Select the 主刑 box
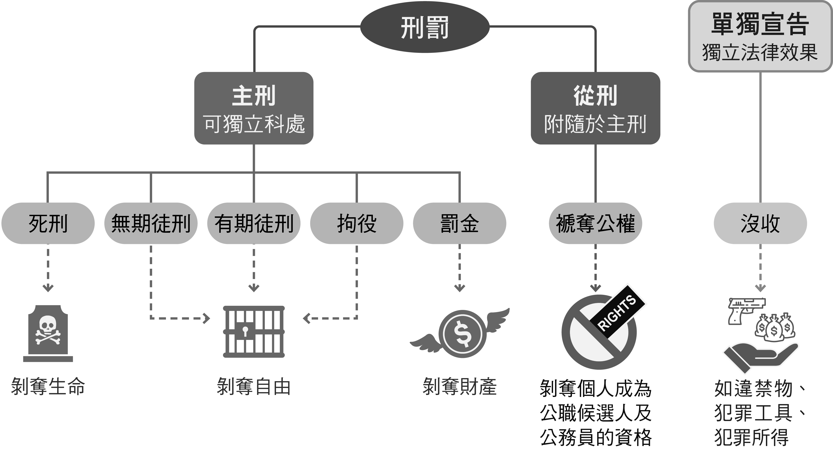pos(254,108)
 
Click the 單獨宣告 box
pos(760,36)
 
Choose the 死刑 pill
pos(48,223)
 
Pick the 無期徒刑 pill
pos(151,223)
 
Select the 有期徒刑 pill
pos(254,223)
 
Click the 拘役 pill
pos(357,223)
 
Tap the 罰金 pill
pos(459,223)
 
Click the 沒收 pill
pos(760,223)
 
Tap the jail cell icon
pos(254,331)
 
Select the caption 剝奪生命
pos(48,386)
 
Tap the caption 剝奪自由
pos(254,386)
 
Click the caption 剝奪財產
pos(459,386)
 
